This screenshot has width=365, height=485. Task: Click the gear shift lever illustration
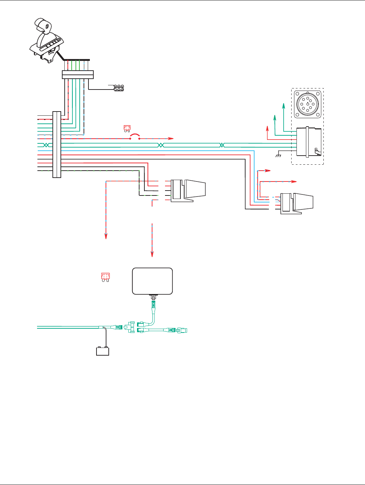(46, 40)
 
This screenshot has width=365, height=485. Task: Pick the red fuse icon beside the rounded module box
(105, 277)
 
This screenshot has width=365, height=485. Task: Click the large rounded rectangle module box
(152, 281)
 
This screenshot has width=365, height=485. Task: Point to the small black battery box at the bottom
(102, 351)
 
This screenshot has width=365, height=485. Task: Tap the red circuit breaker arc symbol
(135, 137)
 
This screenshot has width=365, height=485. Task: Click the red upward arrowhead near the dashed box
(267, 127)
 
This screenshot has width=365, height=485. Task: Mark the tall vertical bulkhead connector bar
(57, 144)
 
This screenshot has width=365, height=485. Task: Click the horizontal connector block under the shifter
(78, 74)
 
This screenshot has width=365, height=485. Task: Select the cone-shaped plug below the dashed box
(297, 202)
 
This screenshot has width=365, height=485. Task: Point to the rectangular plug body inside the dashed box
(308, 142)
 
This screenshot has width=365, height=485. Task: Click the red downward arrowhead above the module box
(152, 255)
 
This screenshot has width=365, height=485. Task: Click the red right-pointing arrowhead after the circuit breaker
(171, 138)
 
